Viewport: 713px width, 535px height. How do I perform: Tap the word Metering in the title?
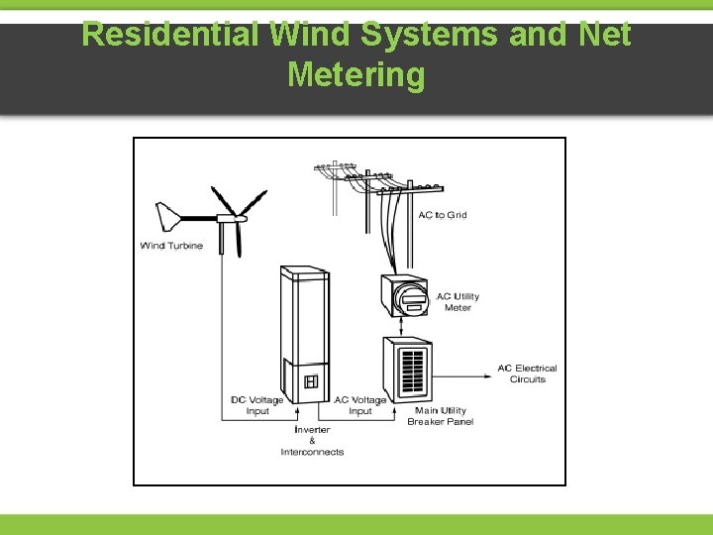point(356,74)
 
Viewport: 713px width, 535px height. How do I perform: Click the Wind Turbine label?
point(171,246)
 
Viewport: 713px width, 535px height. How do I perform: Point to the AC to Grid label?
point(442,215)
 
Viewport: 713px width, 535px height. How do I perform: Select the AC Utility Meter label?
point(458,301)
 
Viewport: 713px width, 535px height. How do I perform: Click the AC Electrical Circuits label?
point(527,374)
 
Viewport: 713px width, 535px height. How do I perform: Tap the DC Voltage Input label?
point(256,405)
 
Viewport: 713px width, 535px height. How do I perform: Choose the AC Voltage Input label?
point(360,405)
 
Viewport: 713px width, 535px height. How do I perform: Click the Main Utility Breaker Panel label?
point(440,416)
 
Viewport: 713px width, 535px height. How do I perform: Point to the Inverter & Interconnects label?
point(312,441)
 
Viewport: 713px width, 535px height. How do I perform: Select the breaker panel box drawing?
point(409,369)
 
